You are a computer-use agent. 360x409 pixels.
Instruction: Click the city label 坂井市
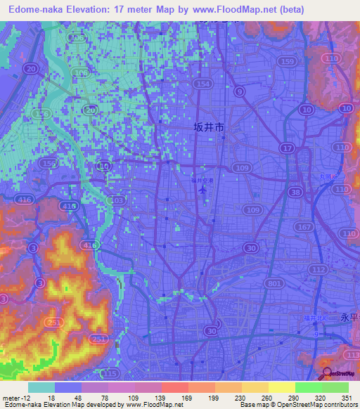tap(209, 128)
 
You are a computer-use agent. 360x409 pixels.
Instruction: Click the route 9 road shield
tap(240, 91)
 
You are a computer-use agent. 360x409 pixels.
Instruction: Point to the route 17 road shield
tap(288, 148)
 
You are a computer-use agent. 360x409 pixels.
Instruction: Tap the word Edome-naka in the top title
tap(35, 8)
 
